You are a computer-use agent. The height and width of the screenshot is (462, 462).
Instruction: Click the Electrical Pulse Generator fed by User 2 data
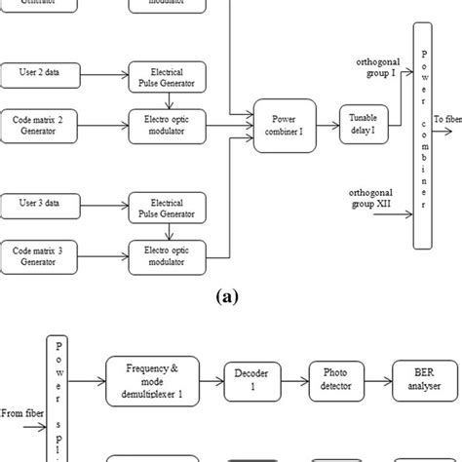168,75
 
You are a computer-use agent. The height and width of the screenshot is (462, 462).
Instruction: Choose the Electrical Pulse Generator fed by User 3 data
168,206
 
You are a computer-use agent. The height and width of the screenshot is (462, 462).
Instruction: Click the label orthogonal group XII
374,198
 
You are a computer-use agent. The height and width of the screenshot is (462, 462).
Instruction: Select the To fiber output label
447,119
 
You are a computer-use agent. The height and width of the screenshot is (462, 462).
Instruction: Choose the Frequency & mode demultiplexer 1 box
151,376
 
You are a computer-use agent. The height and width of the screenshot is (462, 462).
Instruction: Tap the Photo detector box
334,376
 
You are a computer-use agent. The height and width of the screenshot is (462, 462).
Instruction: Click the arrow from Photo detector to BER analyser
375,376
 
